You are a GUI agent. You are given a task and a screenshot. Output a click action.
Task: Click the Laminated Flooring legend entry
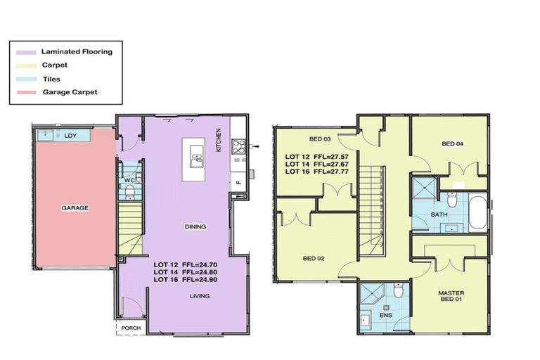pyautogui.click(x=77, y=51)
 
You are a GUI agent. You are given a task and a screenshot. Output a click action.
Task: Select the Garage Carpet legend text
pyautogui.click(x=70, y=92)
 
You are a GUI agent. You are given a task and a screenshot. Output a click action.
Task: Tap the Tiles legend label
pyautogui.click(x=51, y=79)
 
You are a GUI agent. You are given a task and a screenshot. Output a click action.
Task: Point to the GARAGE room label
pyautogui.click(x=75, y=207)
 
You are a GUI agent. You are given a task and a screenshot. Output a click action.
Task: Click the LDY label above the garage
pyautogui.click(x=70, y=135)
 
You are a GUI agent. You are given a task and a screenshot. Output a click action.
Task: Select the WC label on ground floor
pyautogui.click(x=129, y=180)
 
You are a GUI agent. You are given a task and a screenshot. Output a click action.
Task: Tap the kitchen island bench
pyautogui.click(x=193, y=159)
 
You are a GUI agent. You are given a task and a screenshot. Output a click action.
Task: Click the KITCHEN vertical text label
pyautogui.click(x=219, y=141)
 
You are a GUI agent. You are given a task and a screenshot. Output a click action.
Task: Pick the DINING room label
pyautogui.click(x=195, y=226)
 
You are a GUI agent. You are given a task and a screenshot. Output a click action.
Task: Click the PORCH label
pyautogui.click(x=131, y=328)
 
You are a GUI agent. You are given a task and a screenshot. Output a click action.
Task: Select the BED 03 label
pyautogui.click(x=319, y=139)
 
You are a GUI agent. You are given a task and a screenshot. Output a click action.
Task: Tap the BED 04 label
pyautogui.click(x=452, y=144)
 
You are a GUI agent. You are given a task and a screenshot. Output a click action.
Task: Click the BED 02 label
pyautogui.click(x=314, y=259)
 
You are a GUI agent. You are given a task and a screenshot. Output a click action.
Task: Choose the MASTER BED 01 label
pyautogui.click(x=451, y=297)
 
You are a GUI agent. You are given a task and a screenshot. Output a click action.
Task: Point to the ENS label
pyautogui.click(x=386, y=316)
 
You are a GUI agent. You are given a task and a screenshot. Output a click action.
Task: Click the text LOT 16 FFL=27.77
pyautogui.click(x=314, y=171)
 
